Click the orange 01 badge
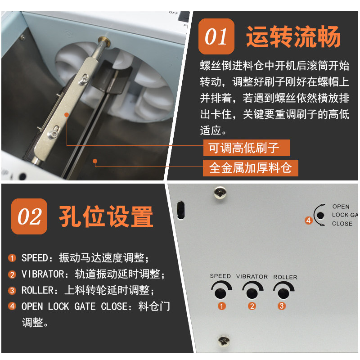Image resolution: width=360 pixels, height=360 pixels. click(216, 36)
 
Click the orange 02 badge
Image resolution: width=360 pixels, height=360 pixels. click(29, 216)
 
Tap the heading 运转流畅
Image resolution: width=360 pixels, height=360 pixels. click(293, 36)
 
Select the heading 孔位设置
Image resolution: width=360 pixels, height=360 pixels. click(106, 216)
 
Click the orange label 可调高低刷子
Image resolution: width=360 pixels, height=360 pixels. click(247, 148)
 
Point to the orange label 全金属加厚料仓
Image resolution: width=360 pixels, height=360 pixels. click(251, 168)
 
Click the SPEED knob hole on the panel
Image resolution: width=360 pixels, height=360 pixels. click(220, 293)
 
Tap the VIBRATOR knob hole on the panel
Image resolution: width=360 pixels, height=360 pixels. click(252, 293)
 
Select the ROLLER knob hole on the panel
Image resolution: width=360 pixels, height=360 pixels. click(283, 294)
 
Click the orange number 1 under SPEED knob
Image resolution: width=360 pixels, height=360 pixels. click(221, 306)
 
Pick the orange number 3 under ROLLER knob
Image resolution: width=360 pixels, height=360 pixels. click(282, 306)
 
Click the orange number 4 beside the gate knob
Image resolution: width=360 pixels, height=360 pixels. click(308, 220)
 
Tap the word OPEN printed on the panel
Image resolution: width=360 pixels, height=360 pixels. click(341, 207)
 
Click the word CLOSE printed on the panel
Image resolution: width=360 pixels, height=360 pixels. click(342, 223)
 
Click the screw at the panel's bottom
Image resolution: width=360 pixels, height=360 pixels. click(224, 342)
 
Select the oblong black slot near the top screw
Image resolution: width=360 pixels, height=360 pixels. click(181, 210)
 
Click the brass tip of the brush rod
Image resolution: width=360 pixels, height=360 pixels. click(104, 41)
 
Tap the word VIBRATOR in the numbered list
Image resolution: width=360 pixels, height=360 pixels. click(43, 274)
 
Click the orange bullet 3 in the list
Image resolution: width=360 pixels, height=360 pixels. click(12, 290)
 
